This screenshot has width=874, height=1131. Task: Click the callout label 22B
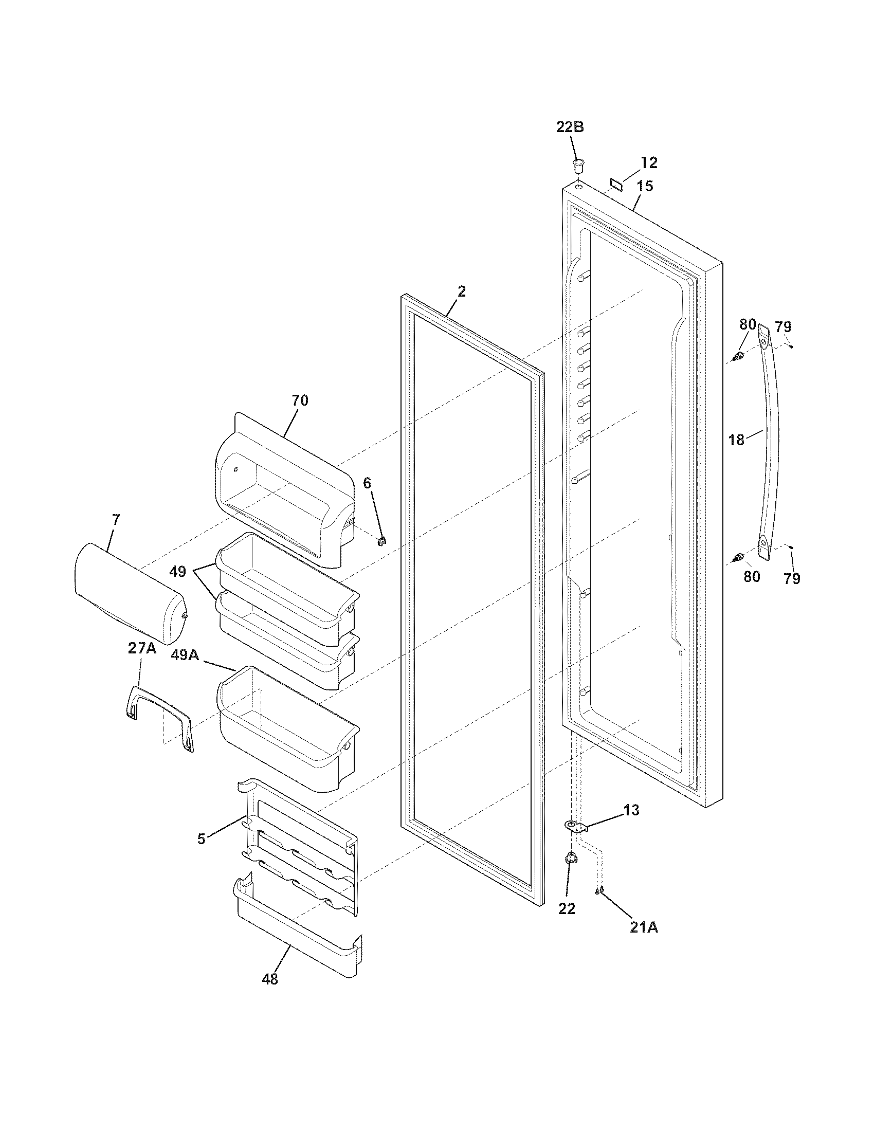pos(570,127)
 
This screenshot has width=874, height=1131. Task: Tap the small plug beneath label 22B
pos(578,166)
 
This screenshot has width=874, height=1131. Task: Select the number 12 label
pos(649,163)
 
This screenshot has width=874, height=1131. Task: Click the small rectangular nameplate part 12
pos(616,183)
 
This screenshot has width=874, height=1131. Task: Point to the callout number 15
pos(645,186)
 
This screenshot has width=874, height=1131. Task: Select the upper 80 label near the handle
pos(748,325)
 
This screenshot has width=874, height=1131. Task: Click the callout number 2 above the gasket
pos(461,291)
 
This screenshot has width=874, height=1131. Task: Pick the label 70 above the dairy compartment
pos(299,400)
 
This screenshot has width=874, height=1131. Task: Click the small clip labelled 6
pos(382,541)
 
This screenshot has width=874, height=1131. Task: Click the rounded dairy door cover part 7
pos(130,595)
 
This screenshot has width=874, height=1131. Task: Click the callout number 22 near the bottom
pos(567,909)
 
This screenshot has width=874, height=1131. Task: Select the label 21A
pos(644,927)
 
